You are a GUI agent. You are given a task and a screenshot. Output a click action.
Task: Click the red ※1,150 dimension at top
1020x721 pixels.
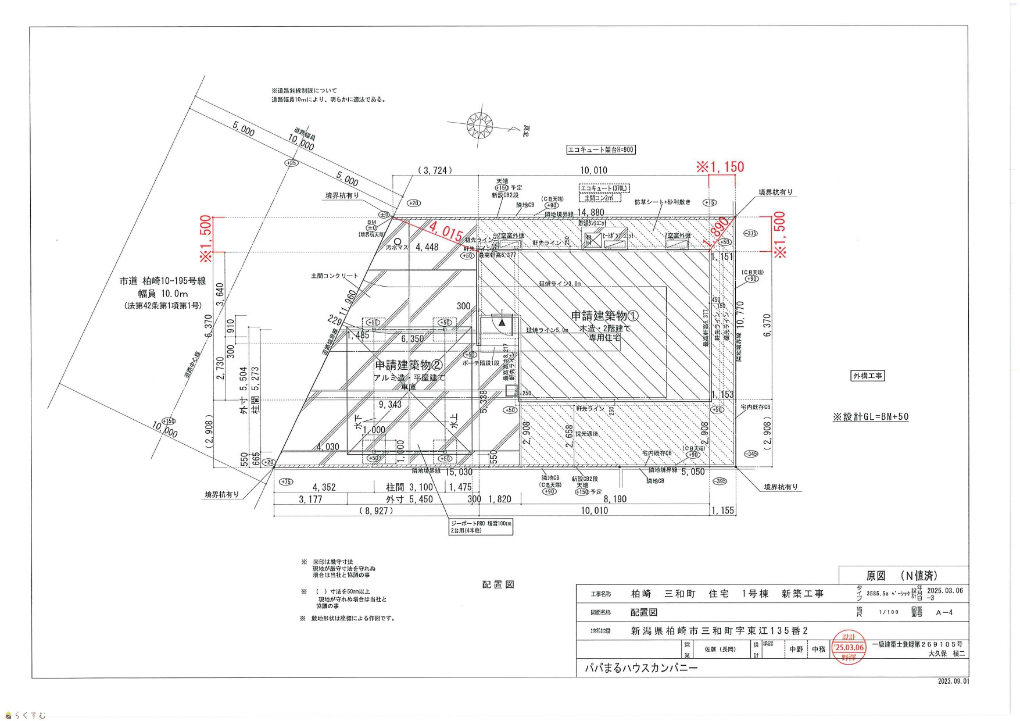(720, 167)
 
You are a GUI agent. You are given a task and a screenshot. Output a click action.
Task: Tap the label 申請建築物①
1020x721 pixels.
(604, 316)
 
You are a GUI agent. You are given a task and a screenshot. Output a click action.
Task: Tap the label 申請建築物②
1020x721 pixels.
(409, 365)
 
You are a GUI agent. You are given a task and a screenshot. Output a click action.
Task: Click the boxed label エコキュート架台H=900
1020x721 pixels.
(601, 150)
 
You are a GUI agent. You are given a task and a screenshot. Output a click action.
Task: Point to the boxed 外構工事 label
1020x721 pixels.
(867, 376)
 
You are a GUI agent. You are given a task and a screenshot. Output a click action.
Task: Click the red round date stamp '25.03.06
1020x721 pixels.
(849, 647)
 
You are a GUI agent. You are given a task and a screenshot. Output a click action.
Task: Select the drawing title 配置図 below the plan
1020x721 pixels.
(498, 584)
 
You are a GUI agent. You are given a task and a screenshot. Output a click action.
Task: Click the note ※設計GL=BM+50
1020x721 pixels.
(871, 416)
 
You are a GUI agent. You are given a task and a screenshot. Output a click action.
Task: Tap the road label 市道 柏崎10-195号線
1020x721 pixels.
(163, 281)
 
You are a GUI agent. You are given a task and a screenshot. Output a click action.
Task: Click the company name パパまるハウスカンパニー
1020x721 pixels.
(641, 668)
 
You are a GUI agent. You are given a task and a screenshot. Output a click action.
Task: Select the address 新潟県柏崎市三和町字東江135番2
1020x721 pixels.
(720, 631)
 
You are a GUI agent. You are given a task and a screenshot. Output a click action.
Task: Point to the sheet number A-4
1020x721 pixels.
(944, 612)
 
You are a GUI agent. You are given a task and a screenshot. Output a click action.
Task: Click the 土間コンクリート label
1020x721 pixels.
(335, 276)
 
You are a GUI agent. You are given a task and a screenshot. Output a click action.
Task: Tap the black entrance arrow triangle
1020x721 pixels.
(502, 322)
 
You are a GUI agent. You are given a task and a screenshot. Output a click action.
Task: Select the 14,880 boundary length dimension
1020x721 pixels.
(591, 213)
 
